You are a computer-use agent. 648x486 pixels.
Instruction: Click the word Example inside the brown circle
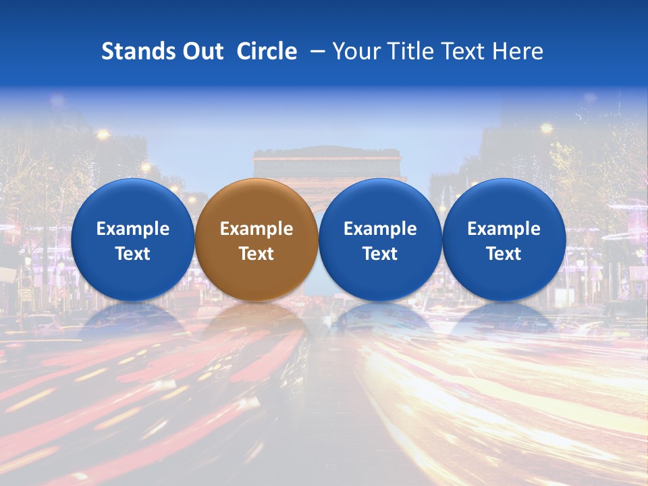point(256,229)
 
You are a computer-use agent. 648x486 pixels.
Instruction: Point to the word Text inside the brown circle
point(256,254)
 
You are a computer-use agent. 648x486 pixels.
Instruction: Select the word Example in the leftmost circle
point(132,229)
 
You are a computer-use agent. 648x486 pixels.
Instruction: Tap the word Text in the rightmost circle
point(504,254)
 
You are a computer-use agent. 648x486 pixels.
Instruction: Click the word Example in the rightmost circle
point(504,229)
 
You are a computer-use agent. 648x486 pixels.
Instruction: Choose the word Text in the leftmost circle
point(132,254)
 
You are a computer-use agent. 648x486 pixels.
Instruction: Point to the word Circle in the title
point(267,51)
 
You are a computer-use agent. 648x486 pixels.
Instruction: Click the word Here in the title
point(520,51)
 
